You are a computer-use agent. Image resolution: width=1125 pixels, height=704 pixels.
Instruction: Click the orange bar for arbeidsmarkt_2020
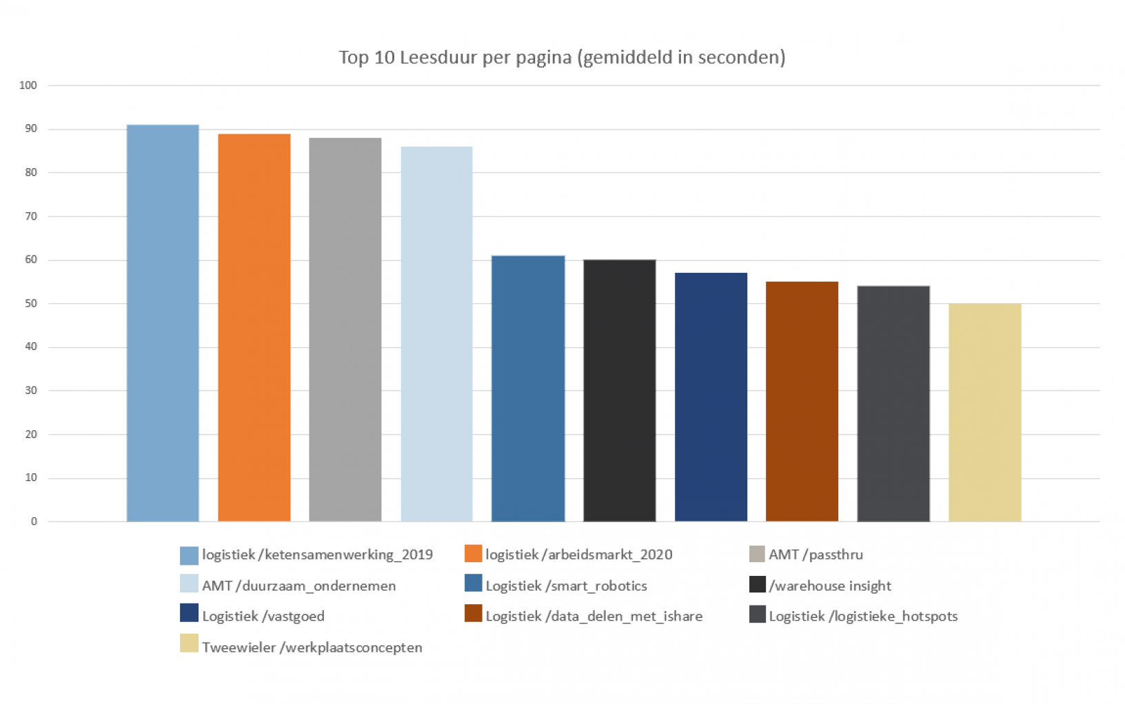254,327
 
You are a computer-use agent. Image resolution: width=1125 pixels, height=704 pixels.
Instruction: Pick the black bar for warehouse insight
619,390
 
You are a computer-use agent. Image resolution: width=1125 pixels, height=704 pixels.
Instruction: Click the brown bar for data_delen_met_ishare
802,401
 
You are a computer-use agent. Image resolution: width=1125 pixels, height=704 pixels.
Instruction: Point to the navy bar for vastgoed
711,397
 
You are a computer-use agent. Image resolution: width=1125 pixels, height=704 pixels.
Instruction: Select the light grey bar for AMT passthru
345,329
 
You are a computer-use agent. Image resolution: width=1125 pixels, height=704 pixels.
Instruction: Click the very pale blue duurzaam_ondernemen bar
436,333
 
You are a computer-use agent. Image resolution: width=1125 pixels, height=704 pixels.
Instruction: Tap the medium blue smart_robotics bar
528,388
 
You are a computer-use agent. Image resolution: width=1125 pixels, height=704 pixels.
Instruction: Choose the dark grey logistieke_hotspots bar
893,403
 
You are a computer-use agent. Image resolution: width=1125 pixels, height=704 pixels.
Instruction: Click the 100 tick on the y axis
28,85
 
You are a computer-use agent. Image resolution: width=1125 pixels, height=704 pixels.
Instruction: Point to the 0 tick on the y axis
34,521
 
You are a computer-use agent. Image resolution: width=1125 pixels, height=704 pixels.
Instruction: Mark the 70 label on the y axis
31,216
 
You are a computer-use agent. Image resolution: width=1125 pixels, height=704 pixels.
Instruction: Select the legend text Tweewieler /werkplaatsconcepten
312,648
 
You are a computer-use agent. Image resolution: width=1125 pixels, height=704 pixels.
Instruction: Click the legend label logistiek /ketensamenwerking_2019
317,555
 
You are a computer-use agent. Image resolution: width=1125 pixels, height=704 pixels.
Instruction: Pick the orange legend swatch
473,554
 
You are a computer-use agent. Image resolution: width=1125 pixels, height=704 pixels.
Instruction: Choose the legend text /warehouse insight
830,586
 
